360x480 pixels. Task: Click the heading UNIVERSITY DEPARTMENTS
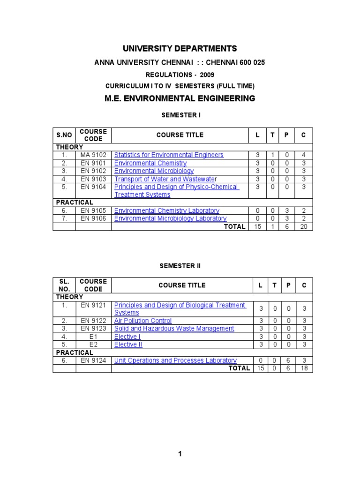click(180, 49)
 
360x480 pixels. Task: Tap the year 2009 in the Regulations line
click(207, 75)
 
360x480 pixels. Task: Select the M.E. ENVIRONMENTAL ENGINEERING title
click(180, 98)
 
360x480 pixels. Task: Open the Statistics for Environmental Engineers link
click(169, 155)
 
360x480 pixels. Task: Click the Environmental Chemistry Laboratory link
click(166, 211)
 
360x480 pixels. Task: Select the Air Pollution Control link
click(143, 321)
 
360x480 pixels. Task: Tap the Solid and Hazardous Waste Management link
click(174, 329)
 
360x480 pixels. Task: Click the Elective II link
click(128, 345)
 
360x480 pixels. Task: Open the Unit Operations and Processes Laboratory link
click(175, 360)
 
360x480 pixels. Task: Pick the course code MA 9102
click(93, 155)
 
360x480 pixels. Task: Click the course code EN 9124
click(93, 360)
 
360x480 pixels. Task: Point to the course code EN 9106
click(93, 218)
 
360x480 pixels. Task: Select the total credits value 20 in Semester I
click(303, 227)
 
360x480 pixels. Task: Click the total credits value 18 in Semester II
click(303, 368)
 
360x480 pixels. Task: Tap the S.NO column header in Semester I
click(64, 135)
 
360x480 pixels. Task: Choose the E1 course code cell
click(93, 337)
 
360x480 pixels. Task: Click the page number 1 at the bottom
click(180, 454)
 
